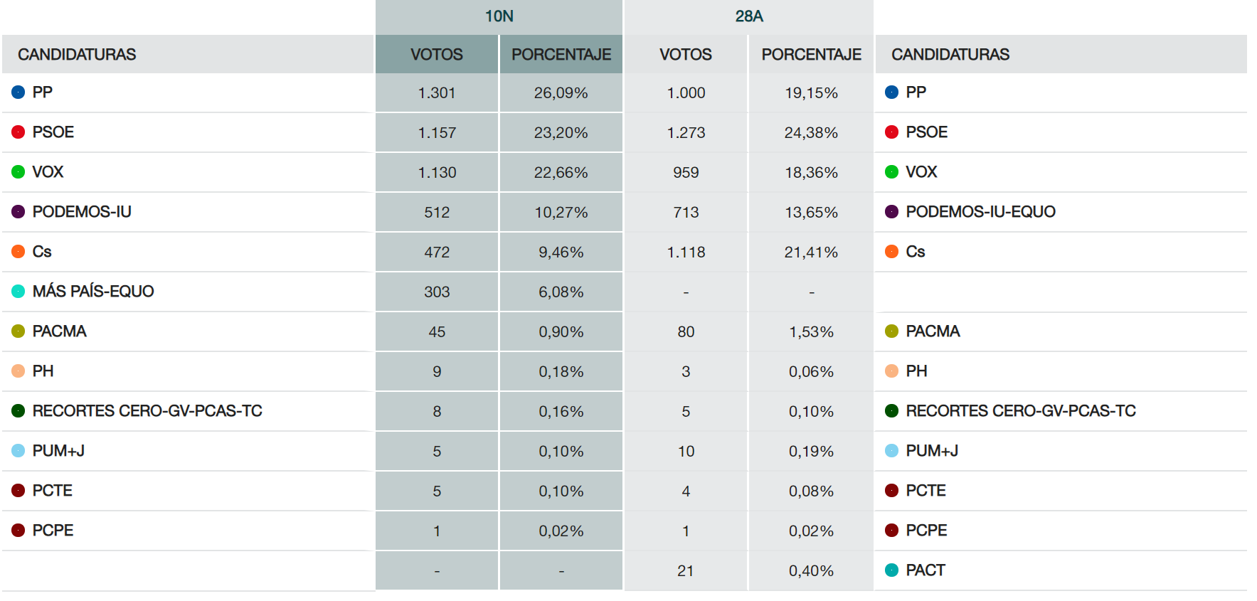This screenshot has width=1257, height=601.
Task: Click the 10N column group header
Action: (x=499, y=16)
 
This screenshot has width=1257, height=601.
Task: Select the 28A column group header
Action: (x=748, y=16)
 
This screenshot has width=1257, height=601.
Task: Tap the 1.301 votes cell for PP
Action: (x=436, y=93)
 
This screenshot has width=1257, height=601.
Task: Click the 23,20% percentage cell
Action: (x=561, y=133)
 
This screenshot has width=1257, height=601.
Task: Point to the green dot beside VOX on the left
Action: (x=18, y=172)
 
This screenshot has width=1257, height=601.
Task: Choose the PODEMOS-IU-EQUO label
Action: (x=980, y=212)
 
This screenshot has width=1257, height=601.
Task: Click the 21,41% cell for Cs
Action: (x=811, y=252)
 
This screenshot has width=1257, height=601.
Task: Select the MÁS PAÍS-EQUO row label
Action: (x=92, y=292)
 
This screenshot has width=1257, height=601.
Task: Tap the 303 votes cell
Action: (x=436, y=292)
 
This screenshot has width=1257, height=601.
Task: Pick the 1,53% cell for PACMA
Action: (x=811, y=332)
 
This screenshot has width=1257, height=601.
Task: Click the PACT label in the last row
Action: (x=925, y=570)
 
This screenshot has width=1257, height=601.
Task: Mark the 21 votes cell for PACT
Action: (x=685, y=571)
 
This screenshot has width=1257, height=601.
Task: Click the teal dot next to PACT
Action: (x=891, y=570)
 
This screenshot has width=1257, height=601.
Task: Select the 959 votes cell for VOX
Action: (x=685, y=173)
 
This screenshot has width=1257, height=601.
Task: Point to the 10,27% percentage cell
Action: (x=561, y=213)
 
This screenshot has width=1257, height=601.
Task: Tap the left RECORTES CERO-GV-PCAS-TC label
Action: (x=147, y=411)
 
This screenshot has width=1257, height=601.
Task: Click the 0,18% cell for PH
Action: (x=561, y=372)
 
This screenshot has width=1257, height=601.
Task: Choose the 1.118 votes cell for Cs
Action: (x=685, y=252)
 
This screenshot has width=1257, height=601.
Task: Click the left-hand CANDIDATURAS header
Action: (x=77, y=55)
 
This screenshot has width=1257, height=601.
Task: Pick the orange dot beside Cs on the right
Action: (x=891, y=252)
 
